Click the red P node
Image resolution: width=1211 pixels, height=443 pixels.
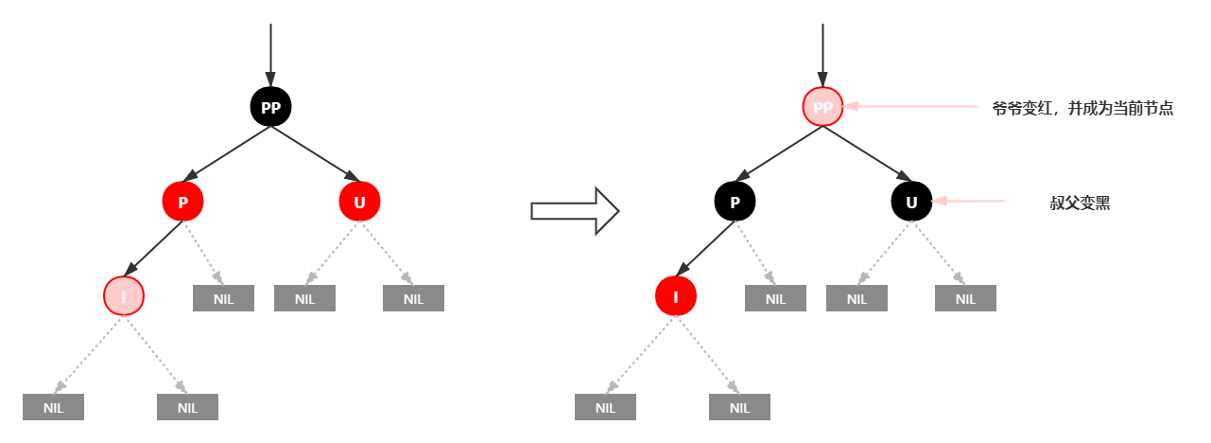pos(182,202)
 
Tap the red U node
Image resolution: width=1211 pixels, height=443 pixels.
pos(359,202)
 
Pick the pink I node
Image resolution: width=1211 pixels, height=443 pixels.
pos(123,296)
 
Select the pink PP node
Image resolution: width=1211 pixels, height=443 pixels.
pos(822,107)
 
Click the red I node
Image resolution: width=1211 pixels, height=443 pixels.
pos(675,296)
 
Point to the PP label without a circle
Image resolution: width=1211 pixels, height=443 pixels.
pos(270,109)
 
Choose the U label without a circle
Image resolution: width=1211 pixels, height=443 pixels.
pos(911,203)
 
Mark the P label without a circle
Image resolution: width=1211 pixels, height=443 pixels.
pos(735,203)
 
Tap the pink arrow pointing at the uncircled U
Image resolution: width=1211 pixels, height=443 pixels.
pos(968,201)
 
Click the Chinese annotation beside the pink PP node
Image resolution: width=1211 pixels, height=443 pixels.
pos(1082,109)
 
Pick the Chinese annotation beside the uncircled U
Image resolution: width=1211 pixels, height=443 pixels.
pos(1080,203)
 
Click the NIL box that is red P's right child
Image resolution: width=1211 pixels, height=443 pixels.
pos(223,298)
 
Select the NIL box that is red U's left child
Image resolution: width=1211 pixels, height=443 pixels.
pos(304,298)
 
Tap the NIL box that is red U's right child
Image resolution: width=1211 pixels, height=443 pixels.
pos(413,298)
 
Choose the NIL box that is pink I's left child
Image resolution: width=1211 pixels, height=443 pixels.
pos(54,407)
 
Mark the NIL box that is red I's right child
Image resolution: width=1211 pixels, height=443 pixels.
pos(739,407)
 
